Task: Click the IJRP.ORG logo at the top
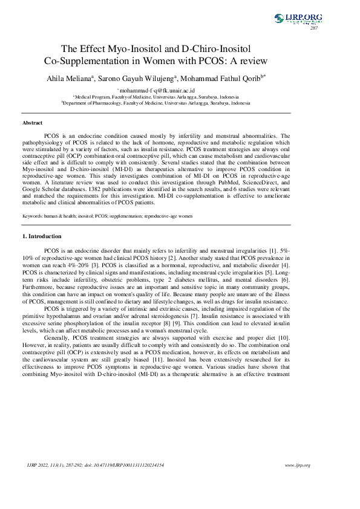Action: click(298, 19)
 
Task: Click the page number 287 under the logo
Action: click(314, 28)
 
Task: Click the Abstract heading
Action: click(32, 123)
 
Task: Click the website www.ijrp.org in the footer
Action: click(297, 465)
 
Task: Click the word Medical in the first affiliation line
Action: click(84, 97)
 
